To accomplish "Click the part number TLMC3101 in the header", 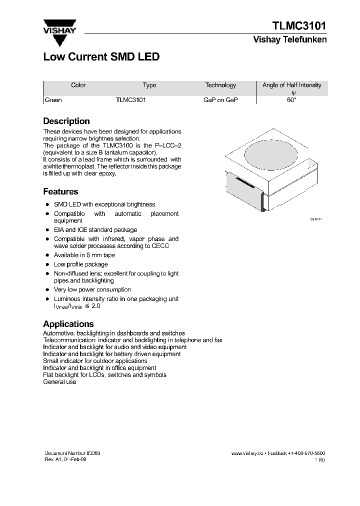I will tap(299, 26).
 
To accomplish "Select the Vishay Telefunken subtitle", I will tap(290, 40).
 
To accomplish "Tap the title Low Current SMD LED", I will tap(101, 57).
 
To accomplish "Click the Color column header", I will tap(78, 85).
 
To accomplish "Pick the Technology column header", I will tap(220, 85).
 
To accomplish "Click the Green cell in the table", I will tap(53, 100).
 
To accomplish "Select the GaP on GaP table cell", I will tap(220, 100).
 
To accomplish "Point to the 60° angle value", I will tap(291, 100).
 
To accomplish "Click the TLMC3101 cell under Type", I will tap(130, 100).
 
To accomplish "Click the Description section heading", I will tap(66, 121).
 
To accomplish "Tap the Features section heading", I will tap(60, 191).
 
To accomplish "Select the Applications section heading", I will tap(68, 324).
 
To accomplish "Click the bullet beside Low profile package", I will tap(47, 264).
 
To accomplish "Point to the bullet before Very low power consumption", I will tap(47, 290).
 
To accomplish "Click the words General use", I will tap(59, 382).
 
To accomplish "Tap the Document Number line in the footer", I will tap(72, 453).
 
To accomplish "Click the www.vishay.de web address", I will tap(247, 453).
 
